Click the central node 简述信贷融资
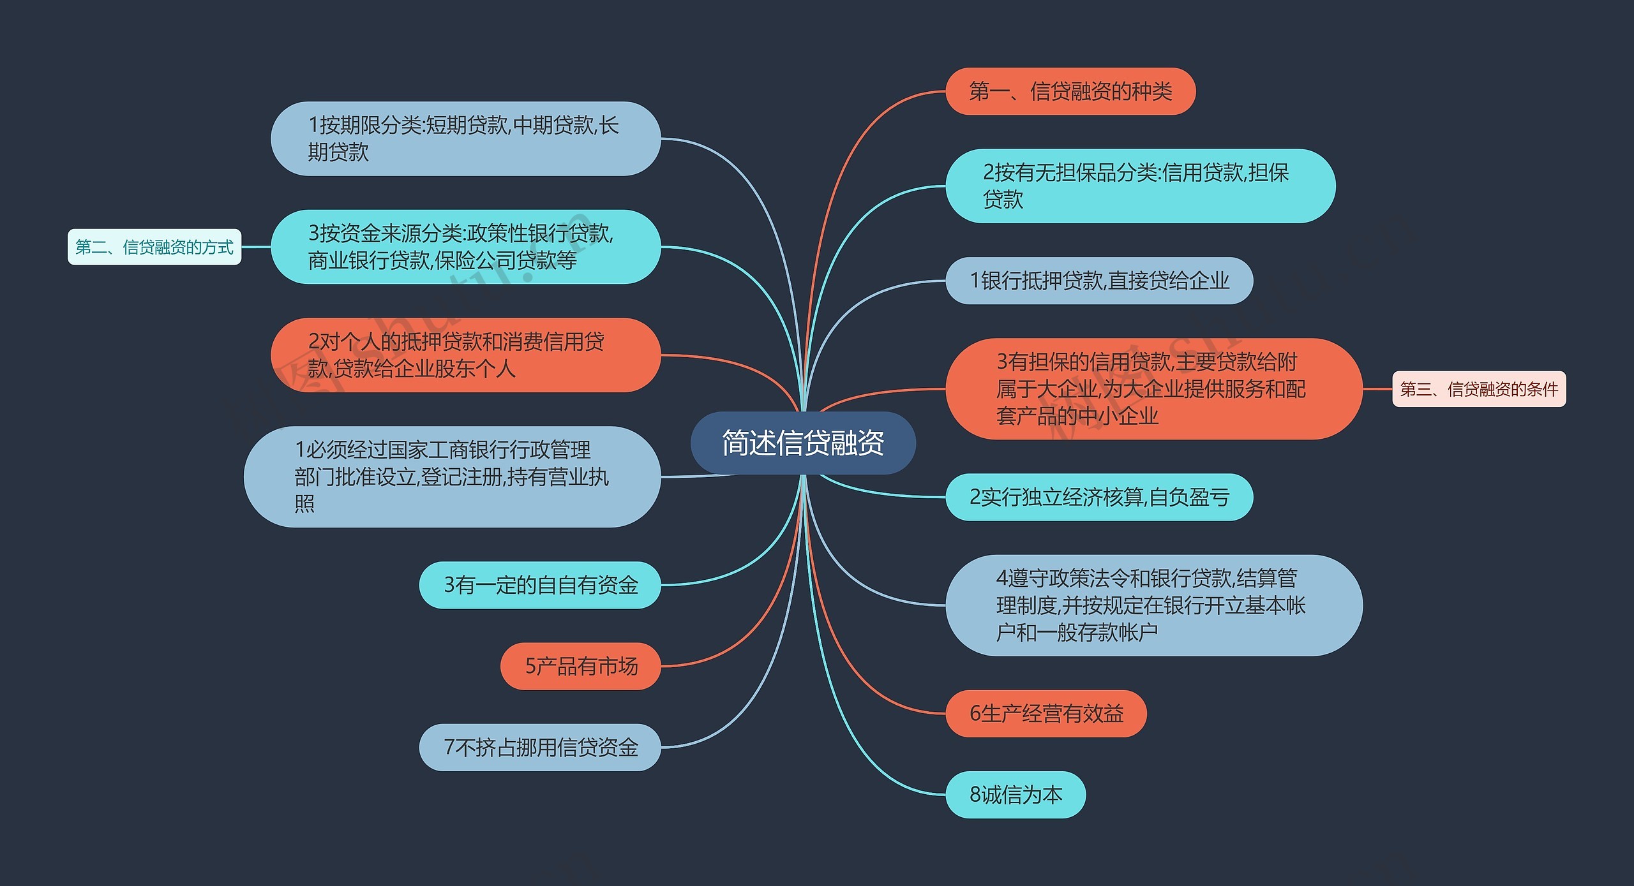pyautogui.click(x=802, y=443)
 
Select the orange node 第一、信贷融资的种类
pyautogui.click(x=1070, y=91)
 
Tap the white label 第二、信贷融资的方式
pyautogui.click(x=154, y=247)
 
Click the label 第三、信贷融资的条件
pyautogui.click(x=1478, y=388)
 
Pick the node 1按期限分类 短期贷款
pyautogui.click(x=465, y=138)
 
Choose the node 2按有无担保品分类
pyautogui.click(x=1140, y=186)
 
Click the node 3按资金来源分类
pyautogui.click(x=465, y=247)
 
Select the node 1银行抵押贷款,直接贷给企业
pyautogui.click(x=1098, y=281)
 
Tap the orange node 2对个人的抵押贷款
pyautogui.click(x=465, y=355)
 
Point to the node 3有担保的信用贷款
pyautogui.click(x=1153, y=388)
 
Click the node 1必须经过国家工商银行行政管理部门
pyautogui.click(x=452, y=476)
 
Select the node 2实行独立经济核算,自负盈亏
pyautogui.click(x=1098, y=497)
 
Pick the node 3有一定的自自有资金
pyautogui.click(x=539, y=585)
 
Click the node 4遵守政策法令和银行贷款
pyautogui.click(x=1153, y=605)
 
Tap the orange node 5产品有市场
pyautogui.click(x=580, y=666)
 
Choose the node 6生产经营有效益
pyautogui.click(x=1046, y=713)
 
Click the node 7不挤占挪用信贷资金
pyautogui.click(x=539, y=747)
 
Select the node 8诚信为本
pyautogui.click(x=1015, y=794)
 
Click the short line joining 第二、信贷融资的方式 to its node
pyautogui.click(x=256, y=247)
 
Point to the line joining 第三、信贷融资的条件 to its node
pyautogui.click(x=1377, y=388)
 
